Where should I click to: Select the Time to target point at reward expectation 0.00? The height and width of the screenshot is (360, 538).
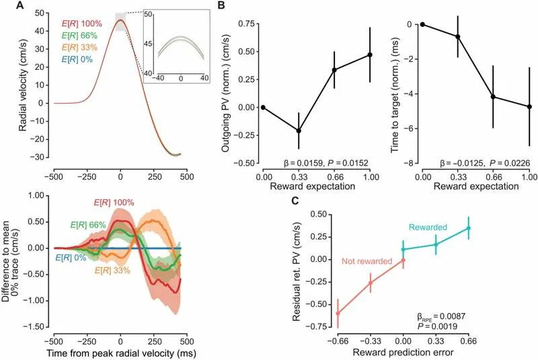pos(422,24)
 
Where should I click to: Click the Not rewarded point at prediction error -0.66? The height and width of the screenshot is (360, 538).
pos(338,313)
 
